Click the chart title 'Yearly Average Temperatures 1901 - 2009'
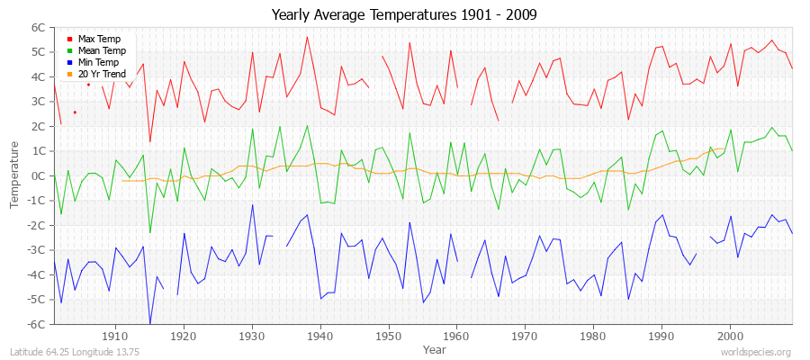click(x=405, y=15)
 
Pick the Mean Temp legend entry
click(x=102, y=51)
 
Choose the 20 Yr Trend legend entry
click(x=103, y=75)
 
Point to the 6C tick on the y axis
click(x=37, y=28)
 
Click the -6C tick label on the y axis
click(x=35, y=324)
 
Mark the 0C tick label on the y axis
click(x=37, y=175)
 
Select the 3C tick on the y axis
click(x=37, y=102)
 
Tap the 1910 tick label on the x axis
click(x=115, y=336)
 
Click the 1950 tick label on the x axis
click(x=388, y=336)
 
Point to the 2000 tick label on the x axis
click(x=730, y=336)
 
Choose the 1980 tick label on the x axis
click(x=593, y=336)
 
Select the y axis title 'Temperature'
click(x=15, y=175)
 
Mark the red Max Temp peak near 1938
click(x=307, y=37)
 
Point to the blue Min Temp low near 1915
click(x=149, y=322)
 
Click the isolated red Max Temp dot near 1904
click(x=75, y=112)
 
